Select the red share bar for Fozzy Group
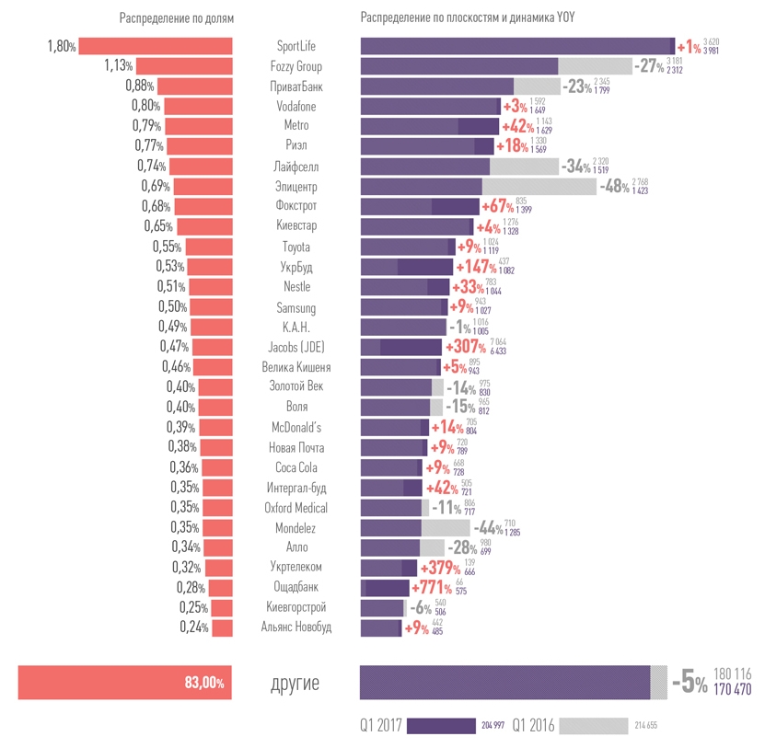point(184,65)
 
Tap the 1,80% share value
point(61,46)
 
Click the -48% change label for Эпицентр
point(615,186)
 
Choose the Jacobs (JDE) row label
point(296,347)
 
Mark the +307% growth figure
point(467,347)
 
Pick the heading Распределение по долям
point(177,18)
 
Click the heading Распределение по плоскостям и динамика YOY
point(468,18)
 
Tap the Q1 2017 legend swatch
point(441,726)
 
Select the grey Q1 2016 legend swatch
point(592,726)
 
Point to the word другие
point(296,683)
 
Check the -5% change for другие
point(689,683)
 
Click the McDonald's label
point(296,427)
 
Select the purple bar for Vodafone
point(430,106)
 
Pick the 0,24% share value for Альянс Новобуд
point(194,627)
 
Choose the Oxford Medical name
point(296,507)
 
